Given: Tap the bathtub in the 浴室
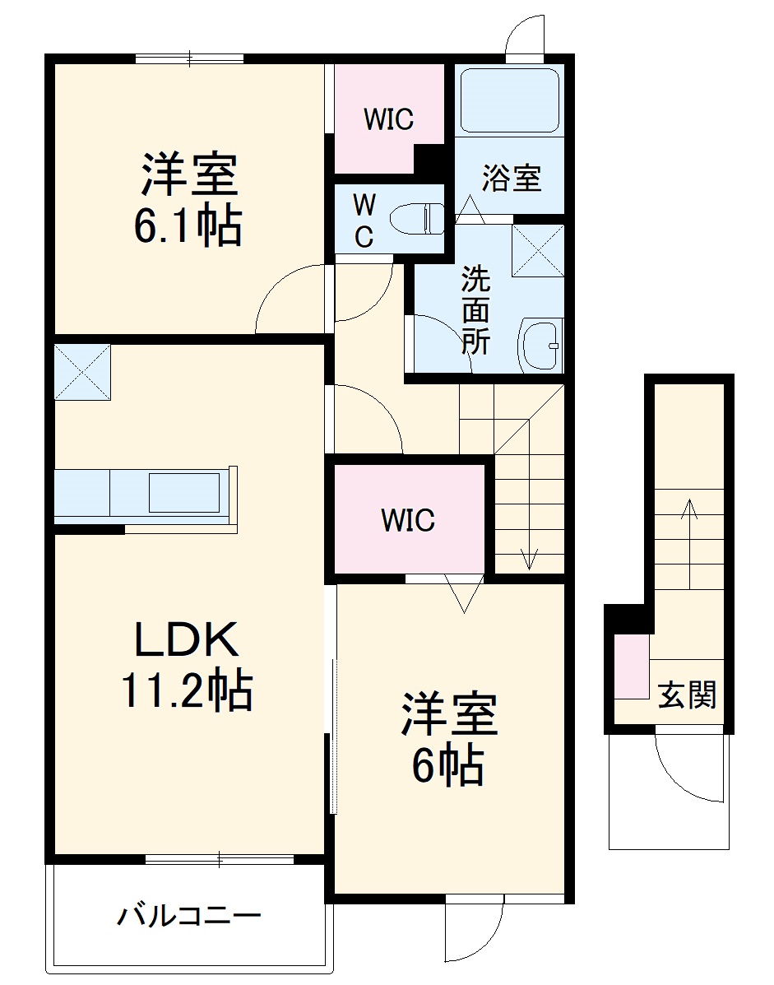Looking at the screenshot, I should pos(509,100).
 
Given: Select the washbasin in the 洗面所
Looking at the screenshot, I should pos(540,345).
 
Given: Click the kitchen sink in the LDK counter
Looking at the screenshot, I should pos(183,493).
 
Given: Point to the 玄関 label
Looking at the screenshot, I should pos(687,696).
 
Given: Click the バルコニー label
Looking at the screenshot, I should pos(188,915).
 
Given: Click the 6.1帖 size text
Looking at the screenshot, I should pos(188,226).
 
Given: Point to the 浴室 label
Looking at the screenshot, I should pos(511,178).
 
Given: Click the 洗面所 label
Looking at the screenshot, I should pos(475,310).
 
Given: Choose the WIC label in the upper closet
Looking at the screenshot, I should pos(389,120).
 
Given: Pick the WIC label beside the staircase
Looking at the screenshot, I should pos(408,520).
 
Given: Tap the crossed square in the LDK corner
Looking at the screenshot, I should pos(82,372).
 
